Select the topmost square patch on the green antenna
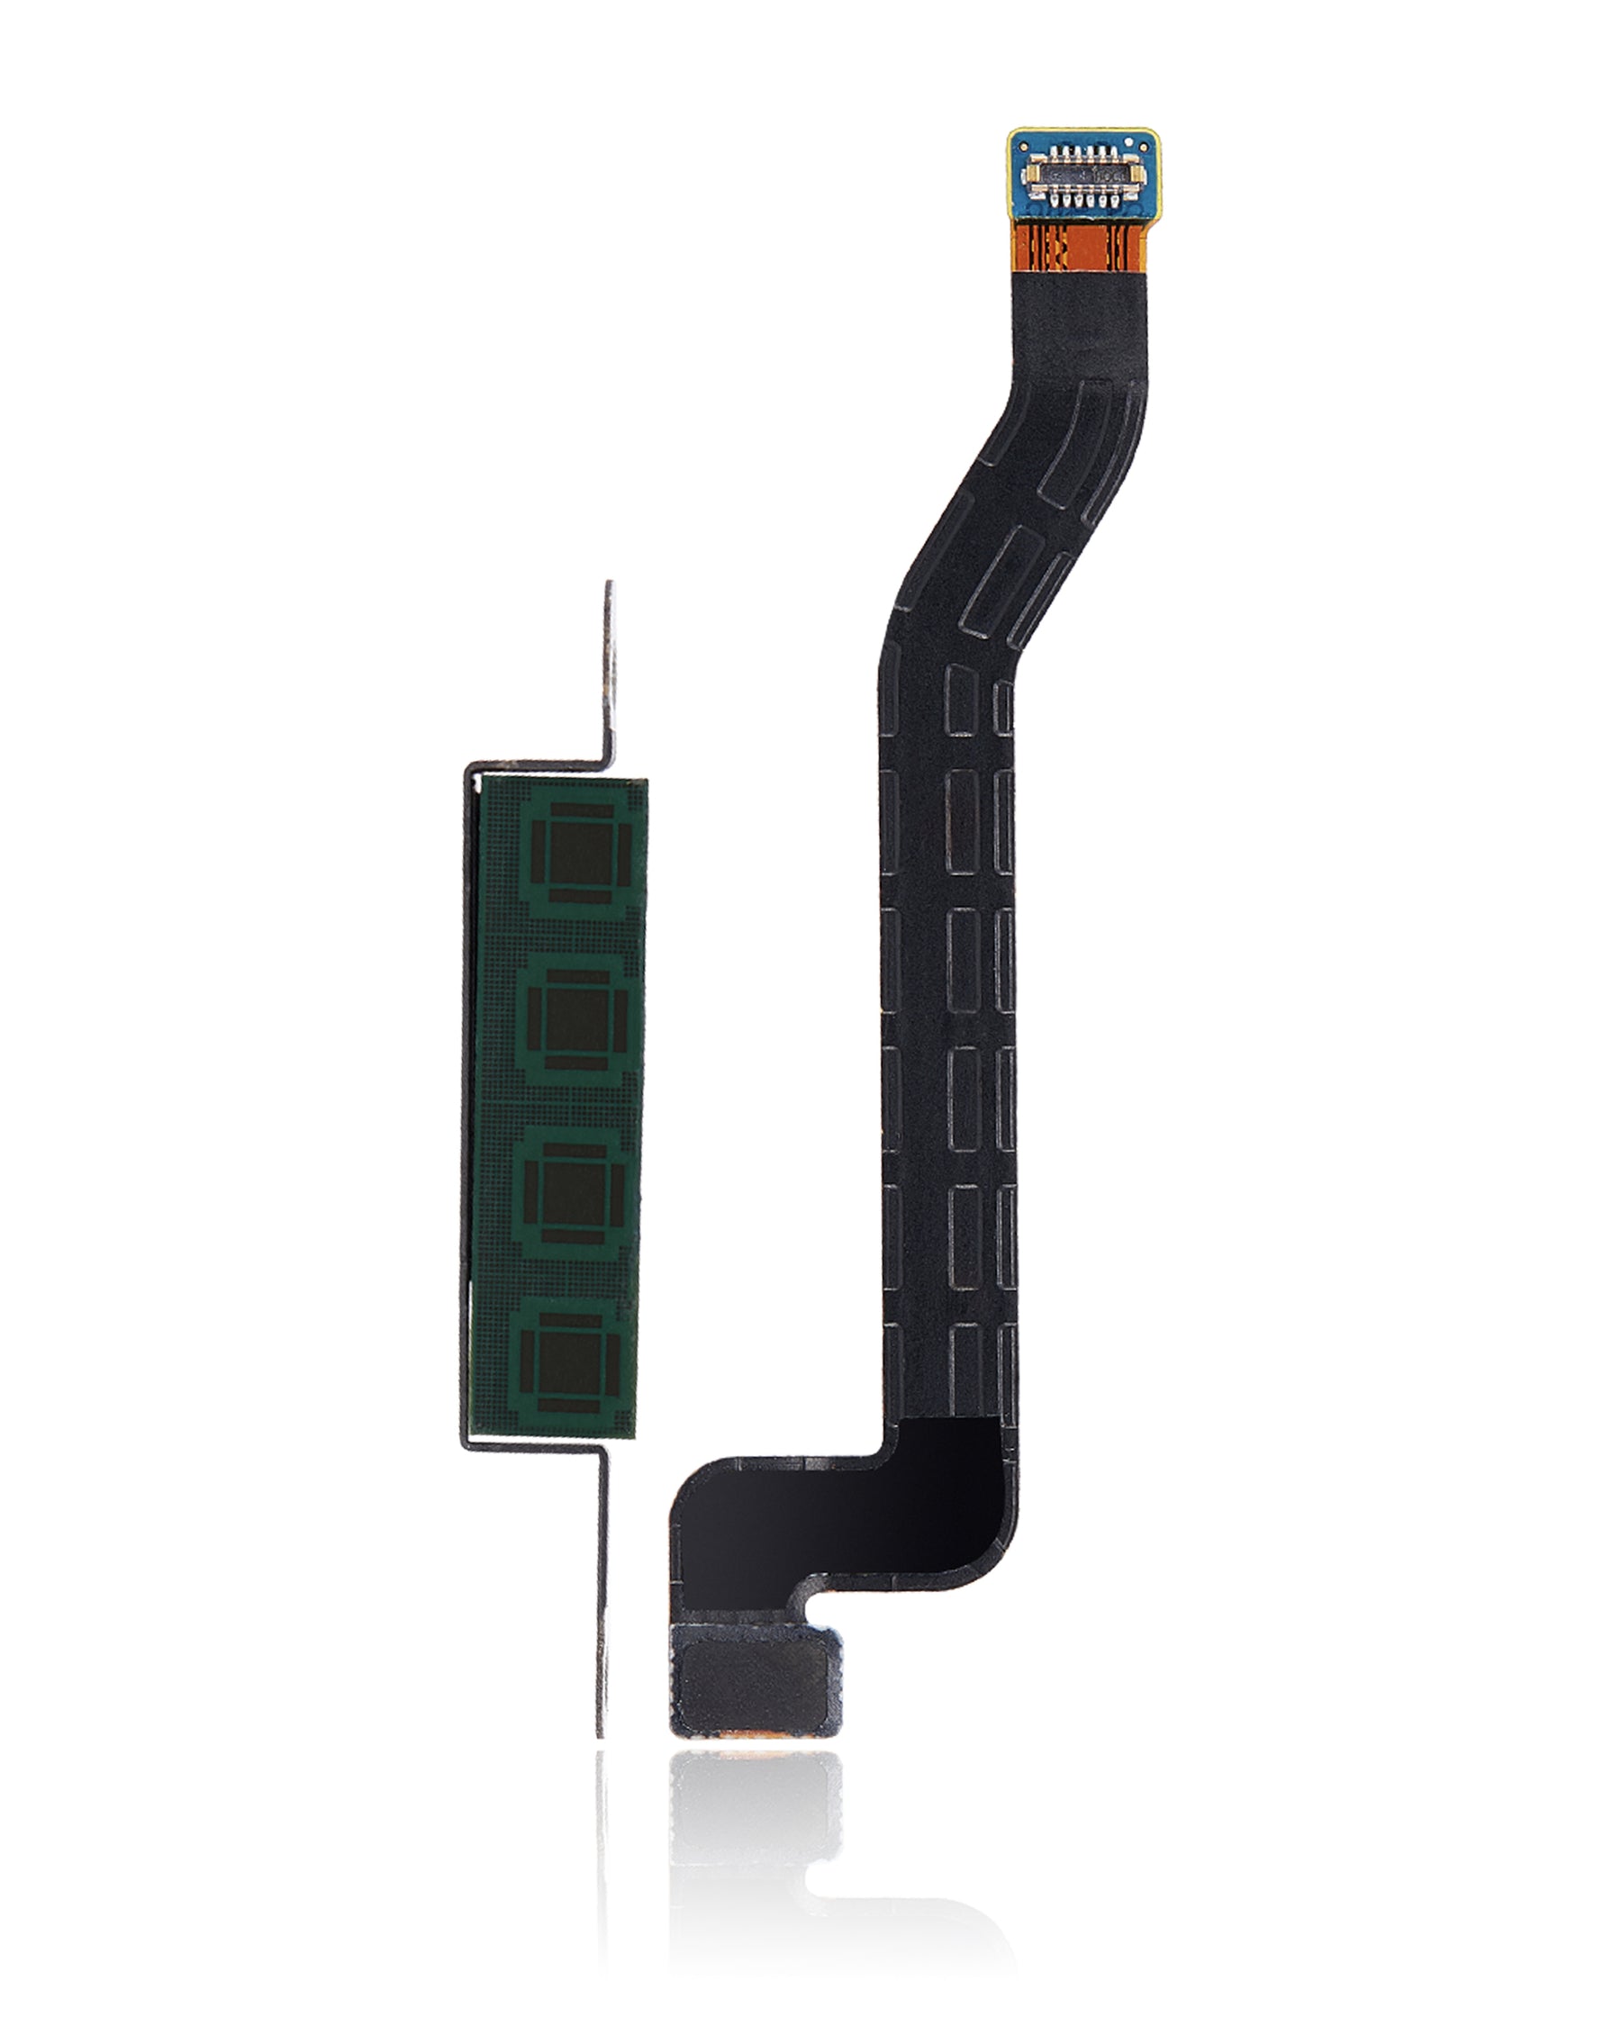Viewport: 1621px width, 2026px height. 575,847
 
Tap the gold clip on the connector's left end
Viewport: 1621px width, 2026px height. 1033,175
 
